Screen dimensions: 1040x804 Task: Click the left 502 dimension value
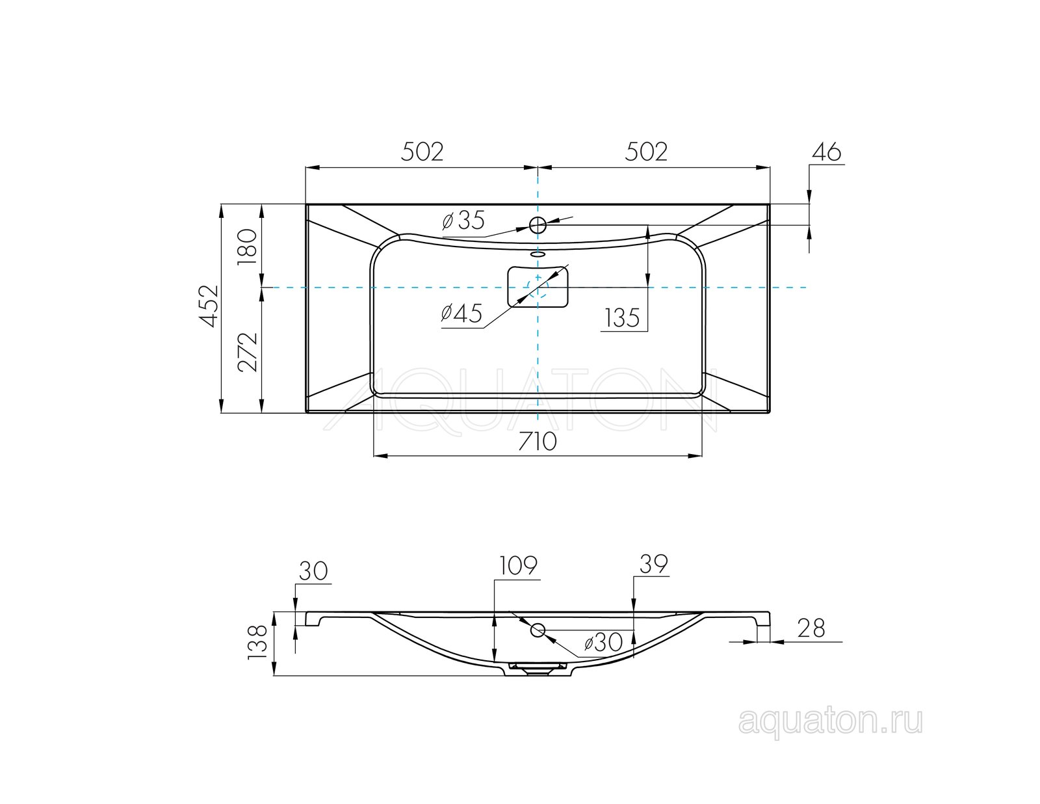click(422, 152)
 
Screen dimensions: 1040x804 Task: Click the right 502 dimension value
click(645, 152)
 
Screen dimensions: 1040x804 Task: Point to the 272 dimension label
click(248, 352)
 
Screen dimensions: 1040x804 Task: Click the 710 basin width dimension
click(538, 442)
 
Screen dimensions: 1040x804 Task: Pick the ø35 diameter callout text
click(463, 221)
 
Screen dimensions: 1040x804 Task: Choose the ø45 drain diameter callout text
click(461, 314)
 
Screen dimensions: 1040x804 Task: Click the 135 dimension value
click(622, 317)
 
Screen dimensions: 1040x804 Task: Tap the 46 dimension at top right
click(827, 152)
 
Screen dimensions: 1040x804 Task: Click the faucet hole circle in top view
click(538, 224)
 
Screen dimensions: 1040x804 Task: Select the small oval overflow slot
click(538, 254)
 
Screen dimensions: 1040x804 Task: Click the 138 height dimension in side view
click(257, 643)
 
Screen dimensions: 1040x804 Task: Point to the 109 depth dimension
click(518, 565)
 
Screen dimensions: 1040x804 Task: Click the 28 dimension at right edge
click(811, 628)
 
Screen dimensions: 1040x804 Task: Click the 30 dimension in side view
click(313, 570)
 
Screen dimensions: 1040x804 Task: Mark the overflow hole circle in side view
click(538, 631)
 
